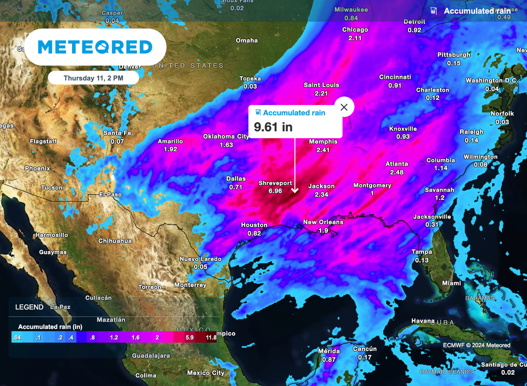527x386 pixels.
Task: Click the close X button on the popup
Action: [x=344, y=107]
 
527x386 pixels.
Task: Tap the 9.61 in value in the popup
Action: [x=273, y=127]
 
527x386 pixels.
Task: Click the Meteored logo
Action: [x=95, y=47]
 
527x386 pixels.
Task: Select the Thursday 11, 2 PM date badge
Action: [x=94, y=78]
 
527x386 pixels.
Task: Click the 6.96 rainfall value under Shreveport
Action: [x=275, y=191]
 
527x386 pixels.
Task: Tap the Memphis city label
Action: [x=323, y=142]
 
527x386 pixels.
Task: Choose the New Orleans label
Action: [x=323, y=222]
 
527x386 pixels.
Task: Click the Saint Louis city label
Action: [x=322, y=85]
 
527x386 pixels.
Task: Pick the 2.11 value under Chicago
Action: [x=355, y=38]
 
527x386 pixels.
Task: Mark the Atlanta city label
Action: [x=397, y=164]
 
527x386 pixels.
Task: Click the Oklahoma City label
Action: [x=226, y=137]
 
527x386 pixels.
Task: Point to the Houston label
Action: [x=254, y=225]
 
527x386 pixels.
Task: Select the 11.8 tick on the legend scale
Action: [x=210, y=338]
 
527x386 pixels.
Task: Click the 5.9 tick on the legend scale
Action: [x=189, y=338]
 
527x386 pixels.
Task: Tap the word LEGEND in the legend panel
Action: [x=29, y=307]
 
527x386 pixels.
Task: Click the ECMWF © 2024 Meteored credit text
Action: [x=476, y=345]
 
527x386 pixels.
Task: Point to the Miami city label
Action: [x=451, y=283]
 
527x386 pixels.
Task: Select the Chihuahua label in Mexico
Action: [x=115, y=241]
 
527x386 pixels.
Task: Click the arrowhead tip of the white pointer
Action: [x=295, y=193]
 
